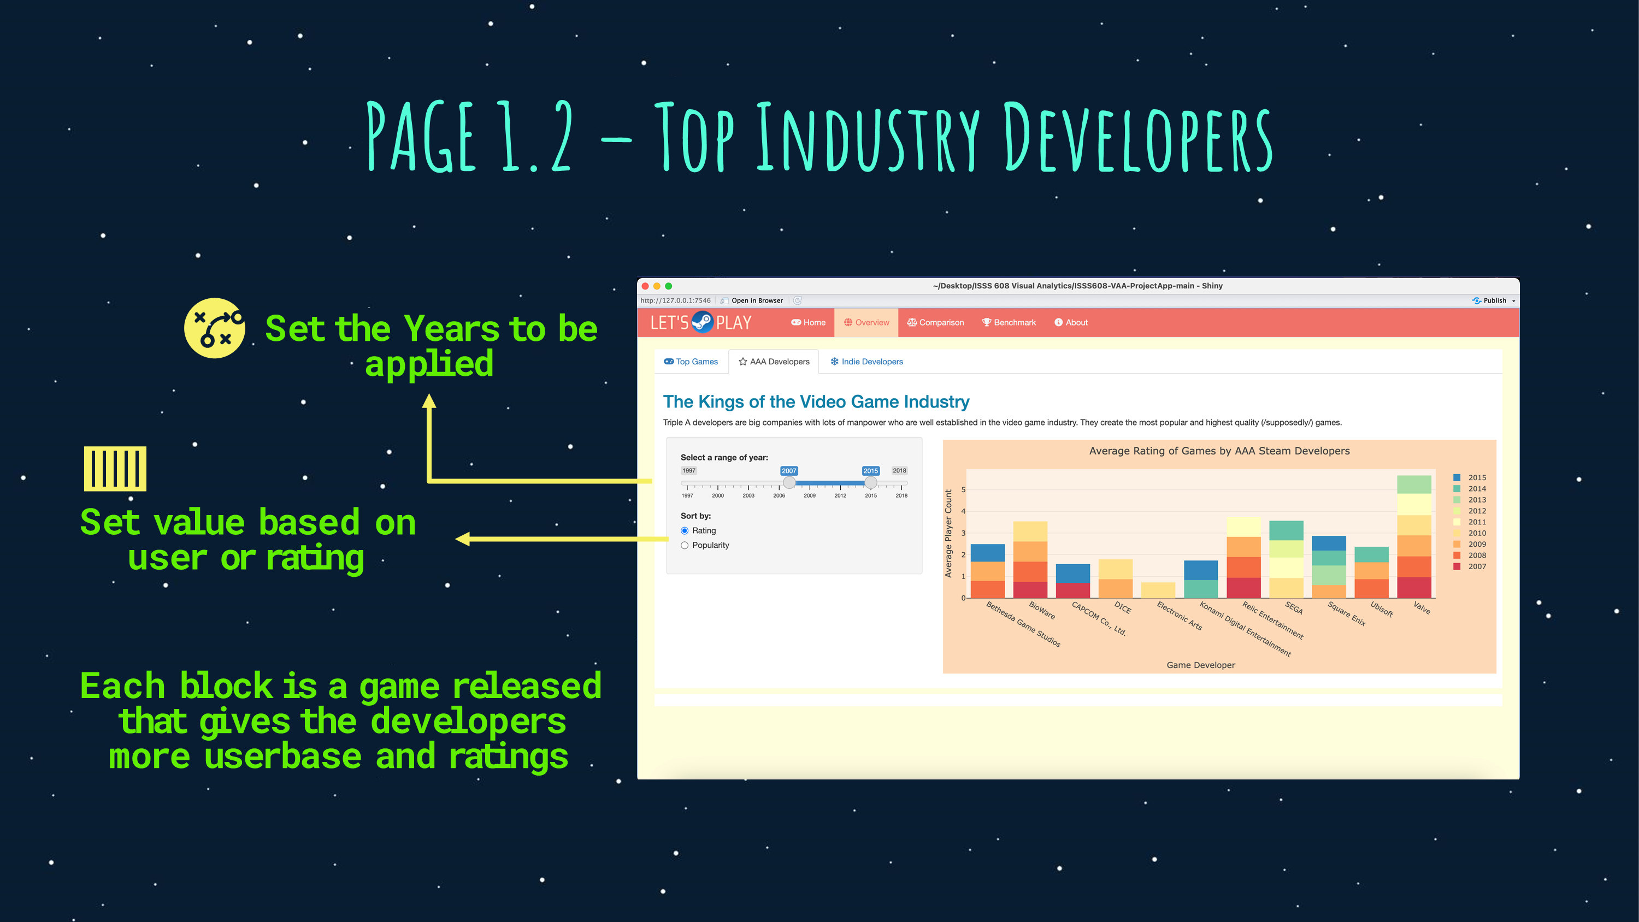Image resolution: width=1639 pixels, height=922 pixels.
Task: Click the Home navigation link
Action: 808,323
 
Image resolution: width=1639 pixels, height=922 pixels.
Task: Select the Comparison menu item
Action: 935,323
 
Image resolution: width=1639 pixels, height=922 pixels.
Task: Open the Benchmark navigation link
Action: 1009,323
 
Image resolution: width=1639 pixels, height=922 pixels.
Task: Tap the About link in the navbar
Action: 1071,323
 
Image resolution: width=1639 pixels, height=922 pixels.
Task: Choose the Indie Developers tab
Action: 866,362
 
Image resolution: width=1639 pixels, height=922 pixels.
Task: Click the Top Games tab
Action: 691,362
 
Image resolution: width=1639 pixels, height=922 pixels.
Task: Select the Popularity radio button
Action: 685,545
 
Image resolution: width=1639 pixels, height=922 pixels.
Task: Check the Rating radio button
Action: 685,531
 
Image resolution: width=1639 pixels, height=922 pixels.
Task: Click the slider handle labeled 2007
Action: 789,483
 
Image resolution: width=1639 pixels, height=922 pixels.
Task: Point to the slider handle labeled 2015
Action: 870,483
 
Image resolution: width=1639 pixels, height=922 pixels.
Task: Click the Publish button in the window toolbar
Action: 1493,300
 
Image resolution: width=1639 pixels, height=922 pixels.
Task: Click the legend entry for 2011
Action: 1470,522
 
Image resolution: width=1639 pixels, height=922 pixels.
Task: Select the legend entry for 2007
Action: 1470,566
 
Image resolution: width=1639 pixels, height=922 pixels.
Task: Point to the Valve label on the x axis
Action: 1422,608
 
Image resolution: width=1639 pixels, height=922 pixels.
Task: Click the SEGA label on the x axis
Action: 1294,608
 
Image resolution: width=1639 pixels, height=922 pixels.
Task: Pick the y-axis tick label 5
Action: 963,489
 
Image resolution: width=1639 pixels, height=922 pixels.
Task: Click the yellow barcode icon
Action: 115,468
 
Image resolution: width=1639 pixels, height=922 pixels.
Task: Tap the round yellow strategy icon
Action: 215,328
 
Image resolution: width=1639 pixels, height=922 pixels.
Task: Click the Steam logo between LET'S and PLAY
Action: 702,322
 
